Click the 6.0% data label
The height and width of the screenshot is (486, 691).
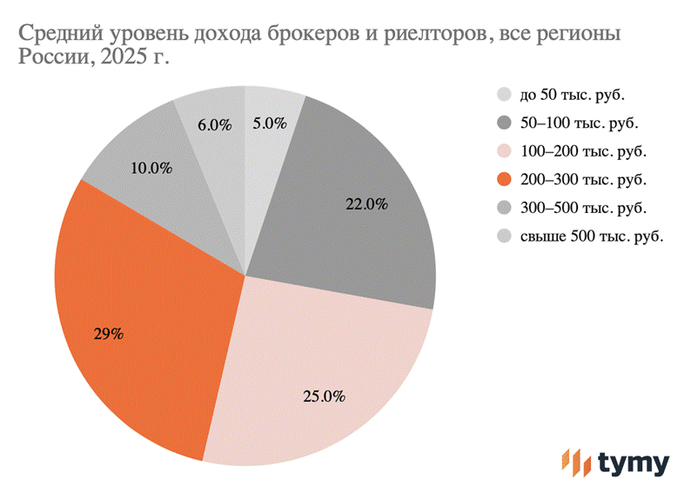pyautogui.click(x=214, y=124)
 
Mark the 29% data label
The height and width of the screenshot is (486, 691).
pyautogui.click(x=108, y=333)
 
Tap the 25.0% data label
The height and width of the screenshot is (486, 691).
pyautogui.click(x=325, y=396)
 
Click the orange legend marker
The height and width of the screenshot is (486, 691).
pyautogui.click(x=504, y=180)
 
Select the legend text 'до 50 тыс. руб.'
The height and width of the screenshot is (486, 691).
pyautogui.click(x=573, y=95)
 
